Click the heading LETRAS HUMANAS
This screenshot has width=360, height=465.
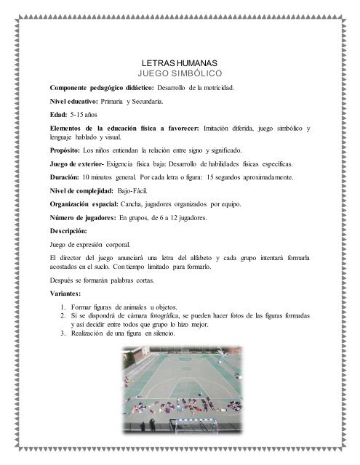click(179, 64)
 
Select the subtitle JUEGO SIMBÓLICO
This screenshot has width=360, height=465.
click(179, 74)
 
